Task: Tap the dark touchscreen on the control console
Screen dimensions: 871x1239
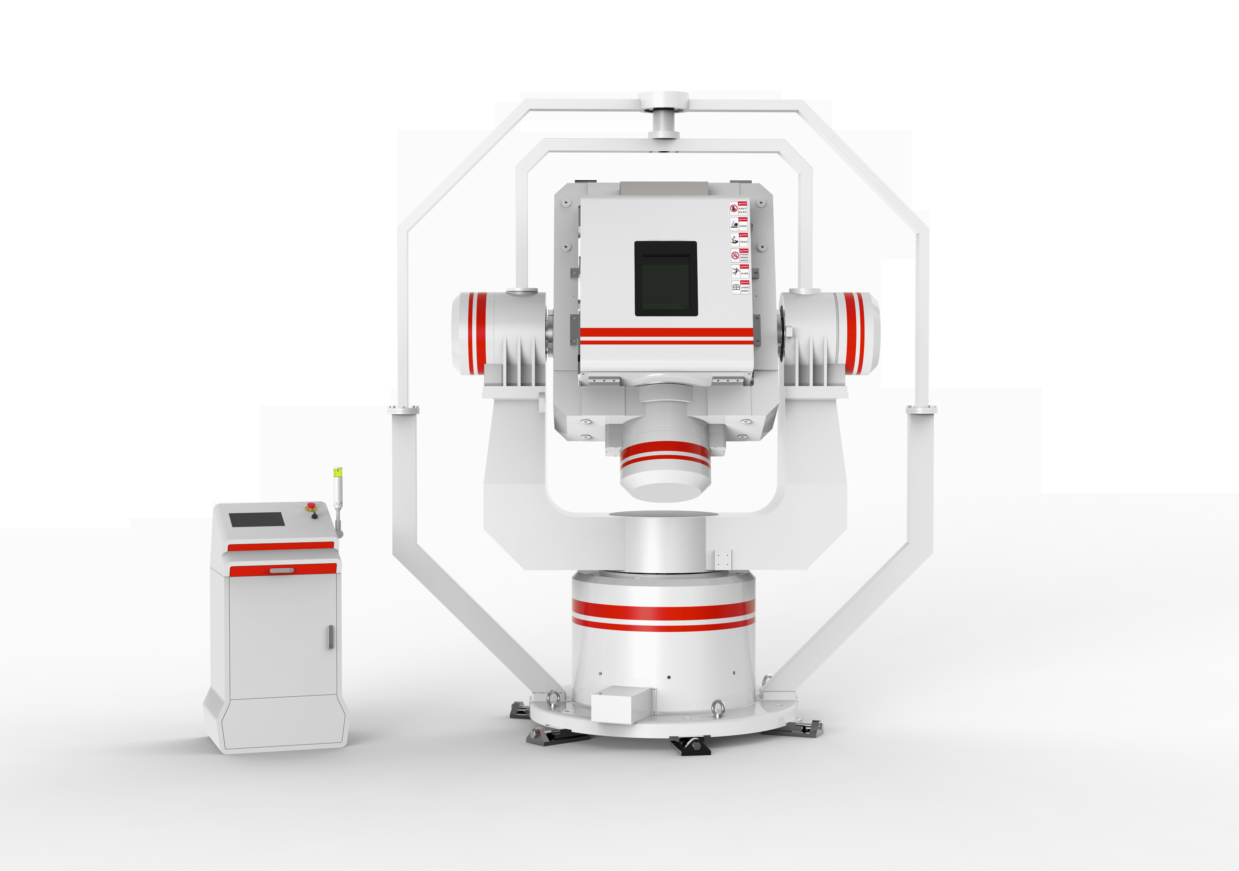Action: click(257, 519)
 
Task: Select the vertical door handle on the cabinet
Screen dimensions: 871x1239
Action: click(330, 637)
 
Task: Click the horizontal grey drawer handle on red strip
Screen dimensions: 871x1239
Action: click(282, 570)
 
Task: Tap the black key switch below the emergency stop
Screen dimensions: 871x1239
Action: click(315, 516)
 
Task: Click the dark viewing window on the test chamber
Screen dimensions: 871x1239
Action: click(666, 278)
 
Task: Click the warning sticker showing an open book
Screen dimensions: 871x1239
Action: click(740, 288)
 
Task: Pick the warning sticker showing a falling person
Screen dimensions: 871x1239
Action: click(740, 271)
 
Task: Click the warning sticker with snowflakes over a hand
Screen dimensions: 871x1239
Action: click(739, 239)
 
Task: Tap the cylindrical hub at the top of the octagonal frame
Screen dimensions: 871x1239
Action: click(663, 116)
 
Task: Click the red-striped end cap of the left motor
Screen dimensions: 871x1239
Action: click(475, 333)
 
